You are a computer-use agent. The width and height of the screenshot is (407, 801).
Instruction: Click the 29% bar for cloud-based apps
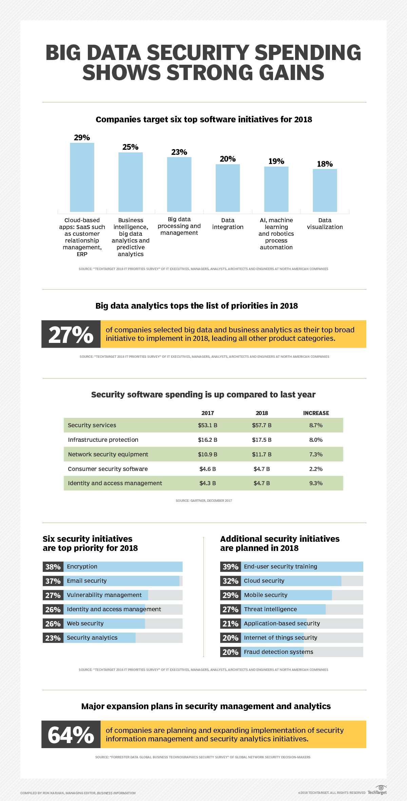point(82,178)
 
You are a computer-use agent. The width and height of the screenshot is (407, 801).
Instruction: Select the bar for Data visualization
point(325,190)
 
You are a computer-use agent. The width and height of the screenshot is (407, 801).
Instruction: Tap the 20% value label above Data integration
point(228,159)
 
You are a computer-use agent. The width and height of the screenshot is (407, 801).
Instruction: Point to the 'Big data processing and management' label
point(179,226)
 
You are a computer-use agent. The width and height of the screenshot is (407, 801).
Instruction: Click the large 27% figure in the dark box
point(71,334)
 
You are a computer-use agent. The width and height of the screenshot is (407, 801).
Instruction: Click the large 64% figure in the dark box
point(71,735)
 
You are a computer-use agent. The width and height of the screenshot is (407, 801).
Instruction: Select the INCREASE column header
point(316,413)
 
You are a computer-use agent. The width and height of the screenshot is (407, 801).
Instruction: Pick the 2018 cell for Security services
point(261,425)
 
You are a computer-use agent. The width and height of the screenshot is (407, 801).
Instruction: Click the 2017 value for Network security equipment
point(208,454)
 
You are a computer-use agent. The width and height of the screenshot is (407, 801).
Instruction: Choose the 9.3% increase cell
point(316,483)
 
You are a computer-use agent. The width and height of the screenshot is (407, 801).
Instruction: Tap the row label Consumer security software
point(108,469)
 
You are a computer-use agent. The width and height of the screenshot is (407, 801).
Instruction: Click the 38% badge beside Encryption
point(53,567)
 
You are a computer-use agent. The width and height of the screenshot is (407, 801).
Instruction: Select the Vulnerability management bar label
point(104,595)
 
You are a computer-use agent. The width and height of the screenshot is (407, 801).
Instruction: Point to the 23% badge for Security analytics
point(53,638)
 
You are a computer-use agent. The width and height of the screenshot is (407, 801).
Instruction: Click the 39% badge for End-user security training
point(230,567)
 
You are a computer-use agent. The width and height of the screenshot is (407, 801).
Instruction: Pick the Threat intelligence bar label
point(270,609)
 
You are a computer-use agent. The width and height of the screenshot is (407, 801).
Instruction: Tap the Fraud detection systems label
point(278,652)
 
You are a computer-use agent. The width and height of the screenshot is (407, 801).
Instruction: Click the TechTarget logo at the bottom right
point(377,790)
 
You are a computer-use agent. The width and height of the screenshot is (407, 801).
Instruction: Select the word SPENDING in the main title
point(308,53)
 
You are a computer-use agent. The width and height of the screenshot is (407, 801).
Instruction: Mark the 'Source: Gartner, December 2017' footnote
point(203,500)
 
